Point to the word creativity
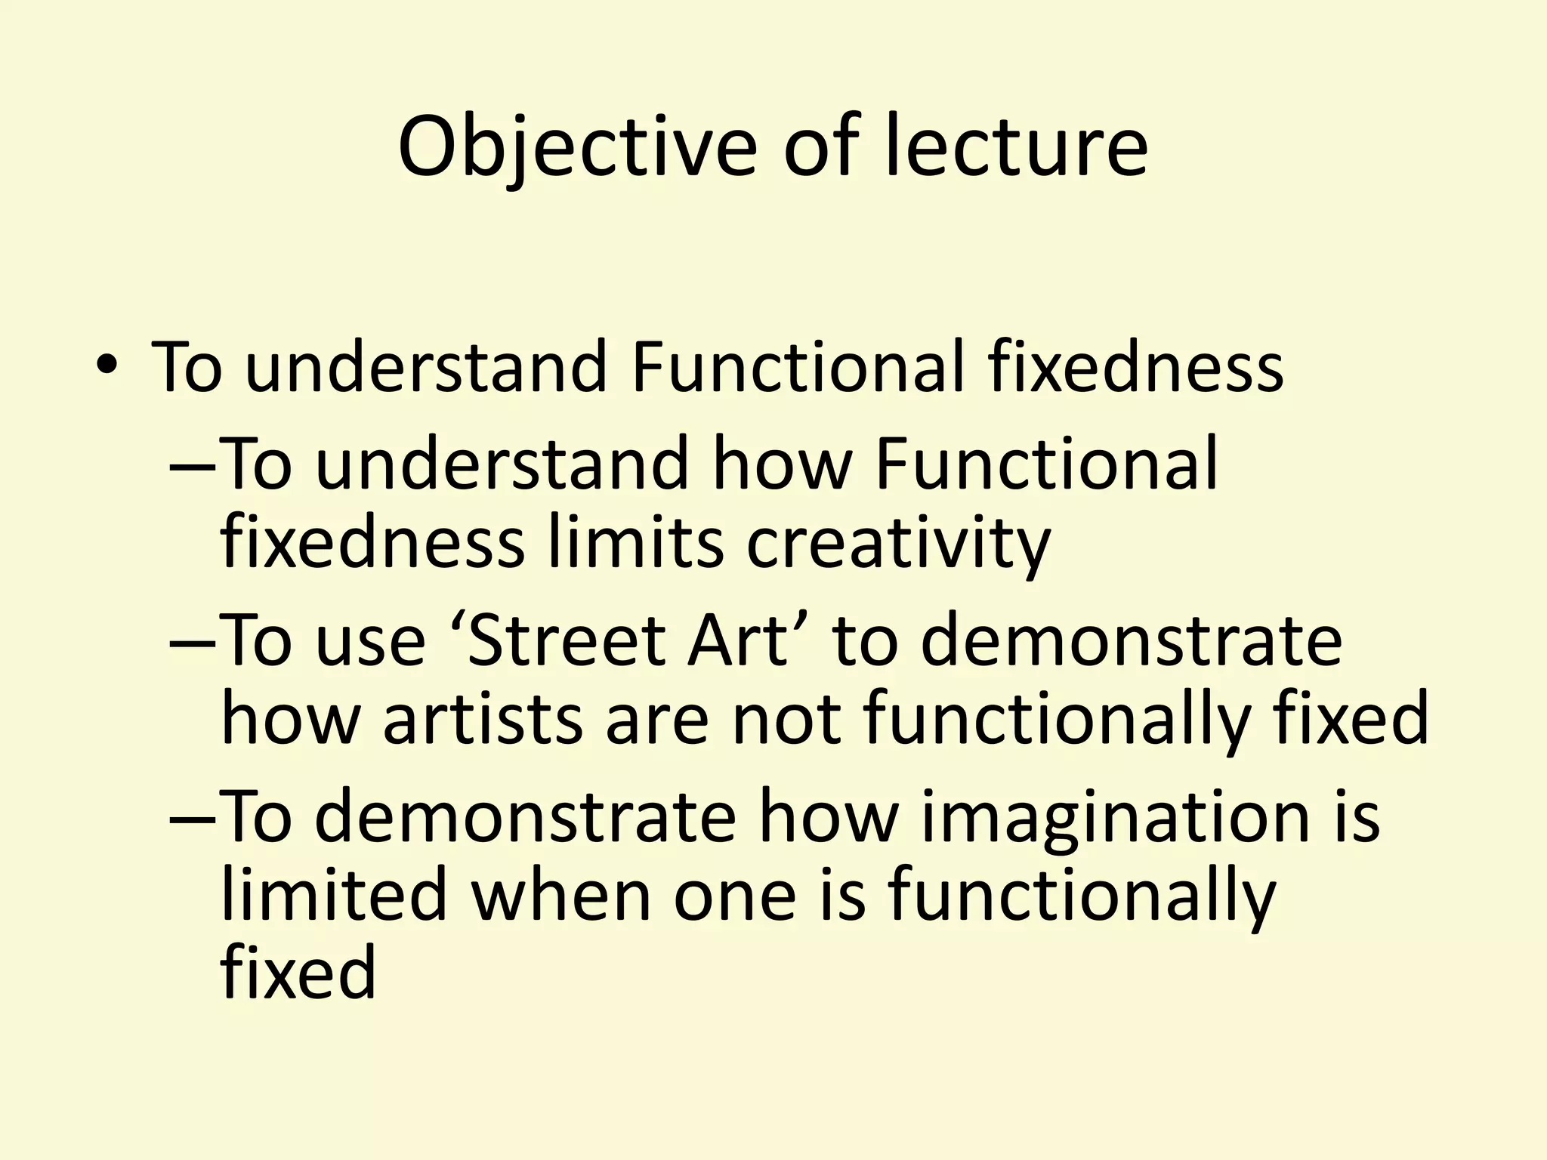pos(898,543)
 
